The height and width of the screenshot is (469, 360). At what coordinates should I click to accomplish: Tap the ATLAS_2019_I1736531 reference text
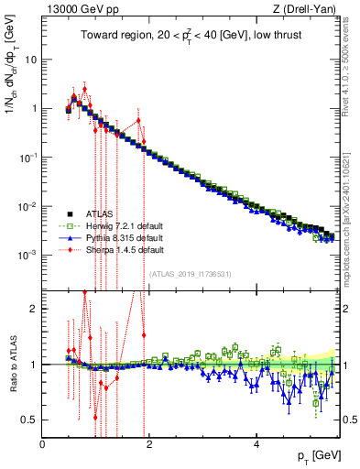tap(190, 274)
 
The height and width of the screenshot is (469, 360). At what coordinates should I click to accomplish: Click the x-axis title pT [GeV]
tap(317, 455)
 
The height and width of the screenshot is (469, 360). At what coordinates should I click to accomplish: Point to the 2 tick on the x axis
tap(150, 443)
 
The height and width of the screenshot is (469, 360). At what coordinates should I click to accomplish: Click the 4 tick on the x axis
tap(256, 443)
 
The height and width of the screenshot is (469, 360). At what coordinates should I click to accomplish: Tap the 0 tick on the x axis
tap(43, 443)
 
